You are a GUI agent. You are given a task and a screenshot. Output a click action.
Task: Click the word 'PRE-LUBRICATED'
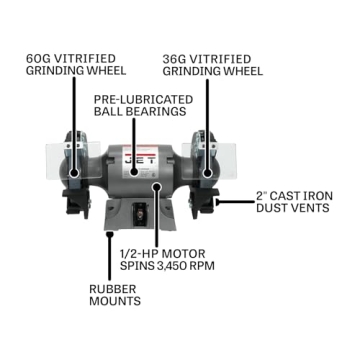coord(136,100)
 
